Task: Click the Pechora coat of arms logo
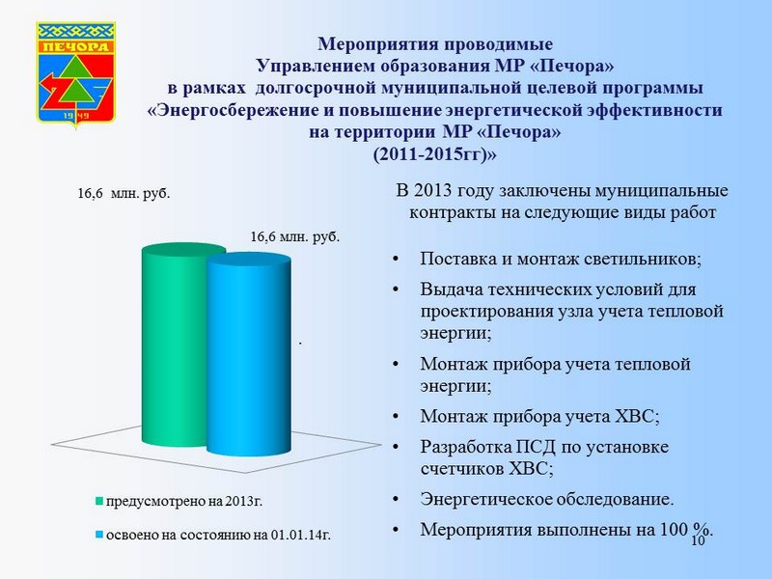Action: click(x=76, y=74)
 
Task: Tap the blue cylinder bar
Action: click(x=249, y=354)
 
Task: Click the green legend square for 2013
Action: click(x=99, y=501)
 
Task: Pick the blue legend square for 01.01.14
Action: click(x=99, y=535)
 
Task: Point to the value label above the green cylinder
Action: click(x=124, y=193)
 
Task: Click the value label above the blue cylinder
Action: click(x=295, y=236)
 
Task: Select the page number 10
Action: click(x=698, y=540)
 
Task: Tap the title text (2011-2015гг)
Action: click(x=435, y=154)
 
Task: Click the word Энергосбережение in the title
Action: click(x=237, y=110)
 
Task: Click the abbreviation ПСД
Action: click(x=536, y=447)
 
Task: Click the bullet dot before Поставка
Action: click(x=396, y=260)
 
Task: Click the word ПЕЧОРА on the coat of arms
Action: click(x=76, y=46)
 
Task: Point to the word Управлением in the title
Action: click(x=315, y=66)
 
